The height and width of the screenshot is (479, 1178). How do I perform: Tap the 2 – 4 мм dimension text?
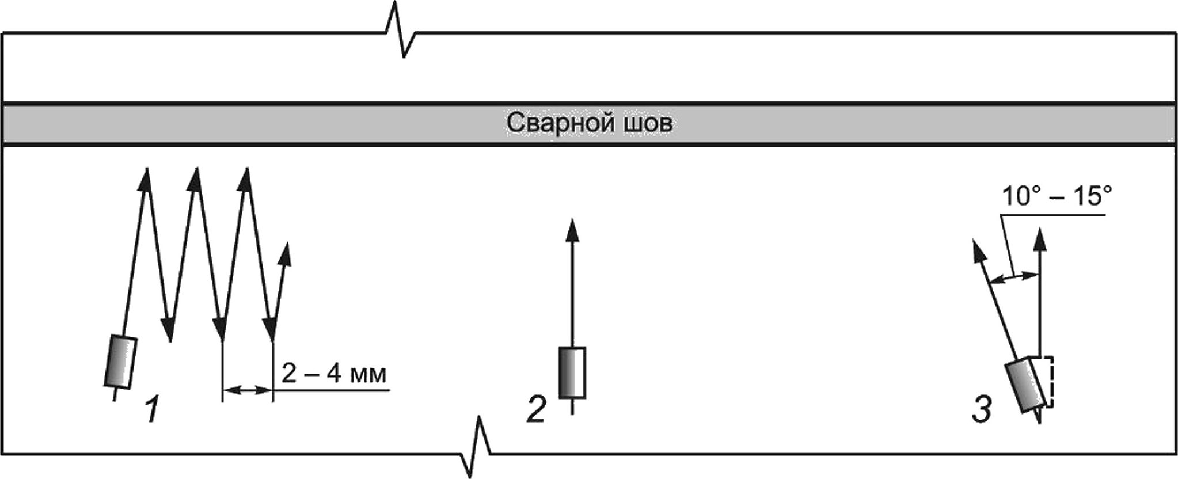pos(334,375)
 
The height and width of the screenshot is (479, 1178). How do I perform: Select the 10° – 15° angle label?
pos(1056,197)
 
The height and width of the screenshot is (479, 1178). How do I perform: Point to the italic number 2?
pos(535,411)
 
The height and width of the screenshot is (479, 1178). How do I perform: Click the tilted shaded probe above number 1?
pos(120,362)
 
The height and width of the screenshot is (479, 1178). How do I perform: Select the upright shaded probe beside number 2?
pos(572,372)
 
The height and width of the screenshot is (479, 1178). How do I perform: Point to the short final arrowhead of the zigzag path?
pos(284,254)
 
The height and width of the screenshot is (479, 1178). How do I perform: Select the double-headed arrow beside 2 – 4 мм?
pos(247,391)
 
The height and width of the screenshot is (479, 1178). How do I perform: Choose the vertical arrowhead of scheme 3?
pos(1039,239)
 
